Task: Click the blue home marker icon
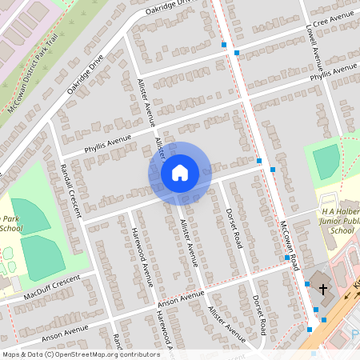coord(180,172)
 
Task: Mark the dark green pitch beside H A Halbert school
coord(326,163)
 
